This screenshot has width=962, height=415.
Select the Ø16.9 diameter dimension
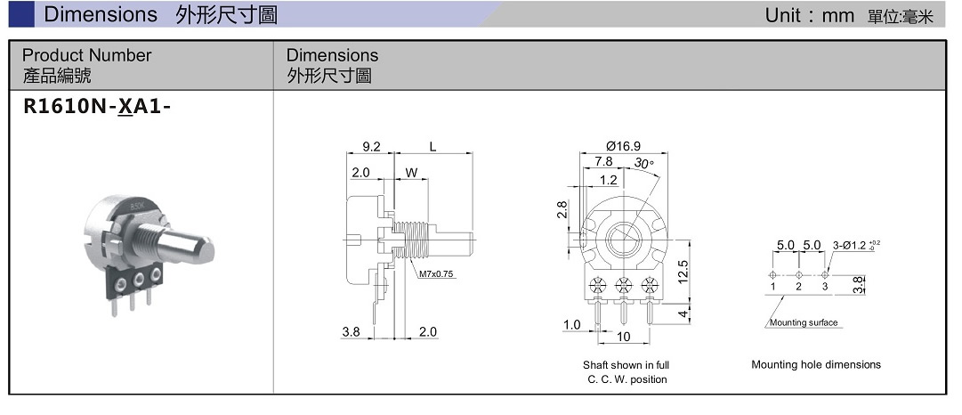click(x=623, y=146)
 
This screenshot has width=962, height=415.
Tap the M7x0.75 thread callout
click(x=436, y=274)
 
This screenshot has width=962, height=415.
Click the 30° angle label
click(x=643, y=163)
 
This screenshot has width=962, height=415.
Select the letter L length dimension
click(x=432, y=147)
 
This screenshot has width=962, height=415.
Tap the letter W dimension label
click(x=411, y=171)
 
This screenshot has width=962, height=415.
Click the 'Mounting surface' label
click(x=804, y=322)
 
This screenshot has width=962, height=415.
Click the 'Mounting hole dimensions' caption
click(x=815, y=364)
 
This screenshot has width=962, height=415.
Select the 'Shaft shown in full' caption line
click(x=626, y=365)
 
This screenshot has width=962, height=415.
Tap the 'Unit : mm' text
click(x=809, y=15)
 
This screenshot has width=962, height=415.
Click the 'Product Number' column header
click(x=86, y=55)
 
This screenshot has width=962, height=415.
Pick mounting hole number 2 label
click(x=799, y=287)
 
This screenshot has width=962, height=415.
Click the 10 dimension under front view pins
click(x=624, y=337)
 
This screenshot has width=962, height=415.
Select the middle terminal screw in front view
click(x=623, y=287)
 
